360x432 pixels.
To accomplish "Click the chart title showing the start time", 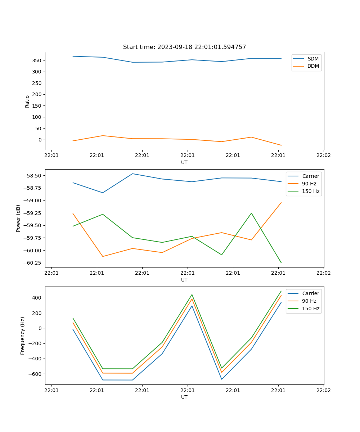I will click(x=184, y=47).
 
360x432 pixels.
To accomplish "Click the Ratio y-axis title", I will click(x=27, y=101).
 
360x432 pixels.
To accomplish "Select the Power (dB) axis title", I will click(x=18, y=218).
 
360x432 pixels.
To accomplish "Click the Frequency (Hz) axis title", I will click(x=23, y=336).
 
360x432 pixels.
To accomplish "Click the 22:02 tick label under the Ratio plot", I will click(x=323, y=156).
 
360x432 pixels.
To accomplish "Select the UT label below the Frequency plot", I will click(x=184, y=397).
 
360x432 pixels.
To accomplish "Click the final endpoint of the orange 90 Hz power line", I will click(x=281, y=202).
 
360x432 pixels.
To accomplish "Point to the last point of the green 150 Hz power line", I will click(x=281, y=263).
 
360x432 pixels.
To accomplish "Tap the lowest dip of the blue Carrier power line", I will click(x=103, y=193).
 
